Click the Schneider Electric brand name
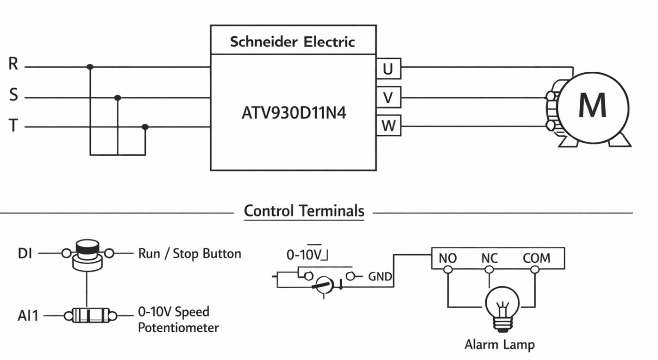tap(292, 42)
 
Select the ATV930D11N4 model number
tap(294, 113)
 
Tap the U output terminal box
tap(389, 69)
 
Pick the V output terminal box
tap(389, 97)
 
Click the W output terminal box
tap(389, 126)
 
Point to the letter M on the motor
tap(592, 105)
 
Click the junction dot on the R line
tap(90, 67)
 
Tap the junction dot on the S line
tap(118, 98)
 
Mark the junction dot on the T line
tap(145, 127)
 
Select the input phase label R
tap(13, 63)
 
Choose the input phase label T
tap(13, 126)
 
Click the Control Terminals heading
tap(304, 211)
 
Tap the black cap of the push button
tap(87, 246)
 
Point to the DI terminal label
tap(25, 253)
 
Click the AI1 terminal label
tap(28, 316)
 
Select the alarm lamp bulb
tap(502, 309)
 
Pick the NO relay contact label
tap(448, 259)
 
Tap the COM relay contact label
tap(536, 259)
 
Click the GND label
tap(380, 277)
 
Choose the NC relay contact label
tap(489, 259)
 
